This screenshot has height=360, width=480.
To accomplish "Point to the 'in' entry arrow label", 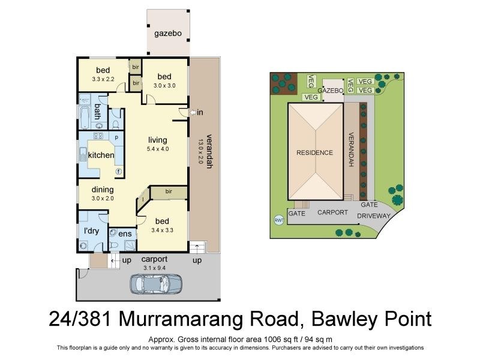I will [199, 112].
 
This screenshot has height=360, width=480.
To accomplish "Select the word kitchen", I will [101, 155].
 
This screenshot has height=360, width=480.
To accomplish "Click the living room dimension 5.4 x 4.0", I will [158, 149].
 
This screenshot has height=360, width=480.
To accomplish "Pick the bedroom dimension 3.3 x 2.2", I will [103, 79].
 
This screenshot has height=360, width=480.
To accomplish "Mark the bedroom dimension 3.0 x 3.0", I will [164, 85].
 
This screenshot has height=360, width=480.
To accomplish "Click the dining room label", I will [103, 190].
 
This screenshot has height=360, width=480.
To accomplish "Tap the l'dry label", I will [92, 231].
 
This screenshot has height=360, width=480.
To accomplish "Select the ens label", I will [125, 233].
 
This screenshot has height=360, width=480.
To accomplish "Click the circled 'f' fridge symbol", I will [119, 171].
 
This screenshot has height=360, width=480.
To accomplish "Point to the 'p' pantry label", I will [116, 137].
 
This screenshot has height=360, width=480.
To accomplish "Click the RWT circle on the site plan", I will [278, 220].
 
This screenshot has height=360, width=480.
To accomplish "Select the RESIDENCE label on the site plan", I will [314, 152].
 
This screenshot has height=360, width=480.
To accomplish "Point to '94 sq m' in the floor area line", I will [319, 339].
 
